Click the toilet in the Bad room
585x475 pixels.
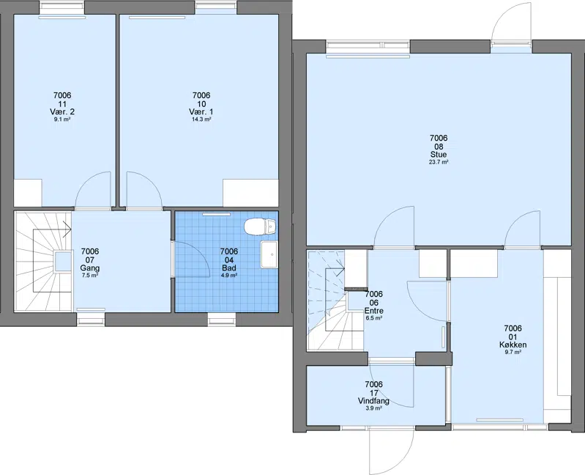click(260, 227)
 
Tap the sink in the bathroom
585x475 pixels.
click(269, 254)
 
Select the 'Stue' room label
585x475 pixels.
click(439, 154)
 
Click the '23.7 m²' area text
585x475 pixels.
click(439, 162)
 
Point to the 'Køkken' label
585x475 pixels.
click(513, 345)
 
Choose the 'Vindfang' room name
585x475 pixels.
click(373, 401)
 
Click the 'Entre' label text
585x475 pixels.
click(374, 311)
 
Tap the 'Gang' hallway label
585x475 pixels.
click(90, 268)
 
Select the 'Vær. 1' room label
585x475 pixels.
click(201, 111)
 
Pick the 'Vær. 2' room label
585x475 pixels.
click(62, 111)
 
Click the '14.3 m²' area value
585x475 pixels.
click(201, 119)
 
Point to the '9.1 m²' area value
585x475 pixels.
click(62, 119)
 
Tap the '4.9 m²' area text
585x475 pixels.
click(229, 276)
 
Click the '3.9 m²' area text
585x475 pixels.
click(373, 408)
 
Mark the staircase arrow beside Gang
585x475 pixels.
click(67, 229)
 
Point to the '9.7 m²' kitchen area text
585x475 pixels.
click(513, 352)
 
